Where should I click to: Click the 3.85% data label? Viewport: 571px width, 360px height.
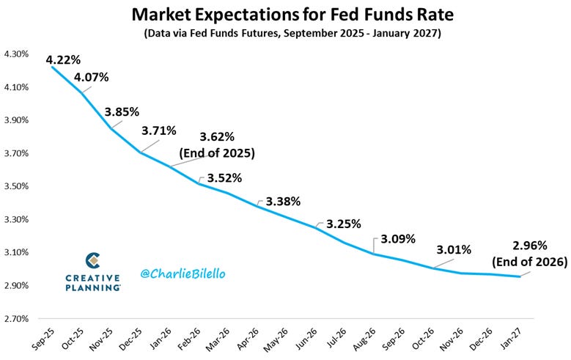click(x=125, y=112)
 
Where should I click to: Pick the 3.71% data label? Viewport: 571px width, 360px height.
click(x=159, y=131)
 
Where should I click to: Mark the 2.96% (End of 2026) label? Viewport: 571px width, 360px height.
click(x=531, y=252)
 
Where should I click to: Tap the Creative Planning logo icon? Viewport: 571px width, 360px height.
click(x=93, y=260)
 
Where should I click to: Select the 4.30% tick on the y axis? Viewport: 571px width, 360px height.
click(x=17, y=54)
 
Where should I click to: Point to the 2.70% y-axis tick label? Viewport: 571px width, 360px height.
click(x=17, y=319)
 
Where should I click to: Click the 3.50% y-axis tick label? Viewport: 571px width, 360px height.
click(x=17, y=186)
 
